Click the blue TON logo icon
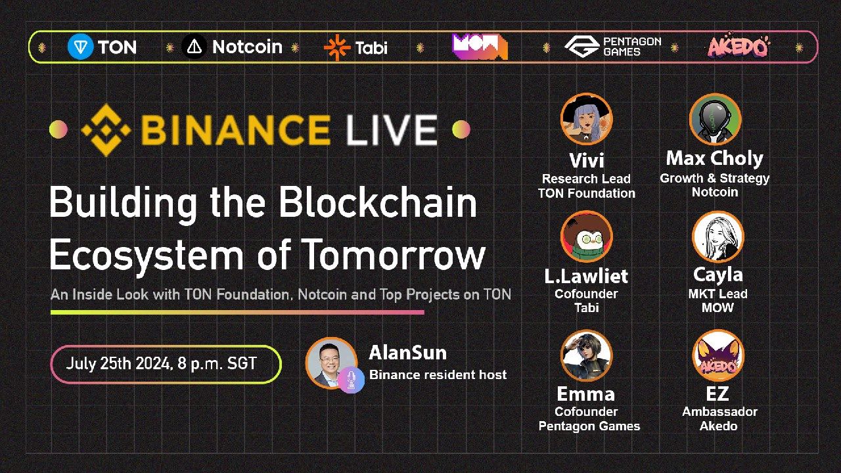(80, 47)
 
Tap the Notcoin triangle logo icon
(194, 47)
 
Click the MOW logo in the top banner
(480, 47)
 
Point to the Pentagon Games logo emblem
(582, 47)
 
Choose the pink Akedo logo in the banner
(739, 46)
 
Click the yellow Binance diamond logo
(106, 130)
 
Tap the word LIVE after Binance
(392, 130)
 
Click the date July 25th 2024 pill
(166, 364)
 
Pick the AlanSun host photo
(331, 363)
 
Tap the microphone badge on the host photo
(351, 380)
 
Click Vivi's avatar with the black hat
(587, 119)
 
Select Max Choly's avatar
(716, 119)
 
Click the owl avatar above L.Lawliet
(587, 236)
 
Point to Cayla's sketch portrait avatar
(718, 236)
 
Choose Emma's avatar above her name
(587, 355)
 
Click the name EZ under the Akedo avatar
(717, 394)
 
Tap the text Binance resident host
(438, 374)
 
